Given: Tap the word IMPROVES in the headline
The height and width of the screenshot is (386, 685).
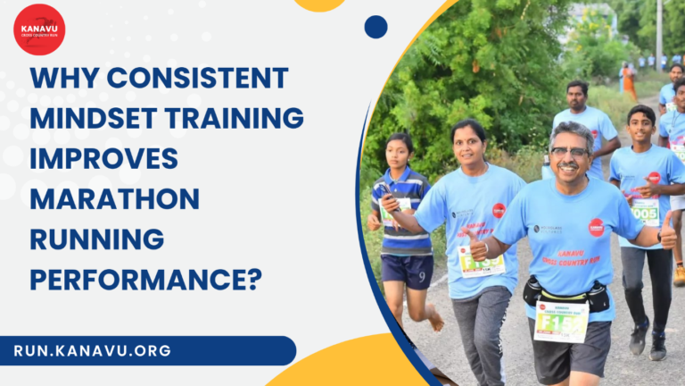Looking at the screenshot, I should [104, 158].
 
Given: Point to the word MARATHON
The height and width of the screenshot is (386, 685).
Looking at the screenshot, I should [114, 198].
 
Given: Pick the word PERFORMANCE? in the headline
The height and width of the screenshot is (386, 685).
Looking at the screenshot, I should [146, 279].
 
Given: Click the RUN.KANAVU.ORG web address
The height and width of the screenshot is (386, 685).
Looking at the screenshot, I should [93, 350].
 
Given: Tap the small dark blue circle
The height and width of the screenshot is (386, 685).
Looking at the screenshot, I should [376, 27].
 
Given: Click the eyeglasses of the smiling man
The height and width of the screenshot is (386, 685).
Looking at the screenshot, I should [570, 153].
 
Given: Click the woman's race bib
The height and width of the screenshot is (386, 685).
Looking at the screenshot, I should [481, 260].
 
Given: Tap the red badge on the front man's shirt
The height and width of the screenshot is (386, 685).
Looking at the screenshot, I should [596, 227].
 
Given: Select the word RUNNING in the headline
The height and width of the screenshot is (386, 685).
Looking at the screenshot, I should [97, 239].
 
